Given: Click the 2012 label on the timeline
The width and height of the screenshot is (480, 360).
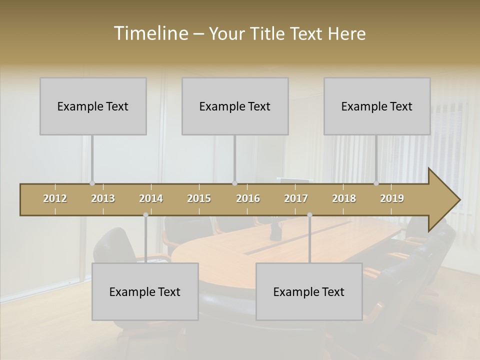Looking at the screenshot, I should tap(55, 199).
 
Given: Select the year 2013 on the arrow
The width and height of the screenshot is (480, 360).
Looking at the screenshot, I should tap(103, 199).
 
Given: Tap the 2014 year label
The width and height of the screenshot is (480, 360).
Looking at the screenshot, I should tap(151, 199).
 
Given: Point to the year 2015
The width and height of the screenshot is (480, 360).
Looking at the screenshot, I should tap(199, 199).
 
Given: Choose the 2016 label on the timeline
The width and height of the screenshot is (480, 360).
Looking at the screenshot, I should tap(248, 199).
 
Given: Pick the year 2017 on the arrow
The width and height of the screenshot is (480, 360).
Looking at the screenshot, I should tap(296, 199).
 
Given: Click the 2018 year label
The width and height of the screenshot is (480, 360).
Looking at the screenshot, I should tap(344, 199).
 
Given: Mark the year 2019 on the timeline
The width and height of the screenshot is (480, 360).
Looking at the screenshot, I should tap(392, 199).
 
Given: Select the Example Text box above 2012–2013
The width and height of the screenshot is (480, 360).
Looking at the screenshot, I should tap(93, 106).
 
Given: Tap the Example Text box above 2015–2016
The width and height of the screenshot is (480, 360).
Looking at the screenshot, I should tap(235, 106).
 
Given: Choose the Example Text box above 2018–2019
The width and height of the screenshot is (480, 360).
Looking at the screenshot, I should tap(377, 106).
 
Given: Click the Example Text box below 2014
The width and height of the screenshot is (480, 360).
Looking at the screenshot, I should tap(145, 291).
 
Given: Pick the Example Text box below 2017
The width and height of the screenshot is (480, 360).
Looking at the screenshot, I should tap(309, 291).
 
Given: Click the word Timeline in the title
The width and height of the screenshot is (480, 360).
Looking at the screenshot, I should tap(150, 33).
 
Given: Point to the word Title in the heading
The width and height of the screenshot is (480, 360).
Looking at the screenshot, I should tap(270, 33).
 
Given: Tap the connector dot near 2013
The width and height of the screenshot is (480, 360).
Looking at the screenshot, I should tap(92, 183).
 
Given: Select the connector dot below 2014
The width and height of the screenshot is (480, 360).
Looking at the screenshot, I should tap(145, 215).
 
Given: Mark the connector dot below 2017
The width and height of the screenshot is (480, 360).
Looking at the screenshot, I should tap(309, 215).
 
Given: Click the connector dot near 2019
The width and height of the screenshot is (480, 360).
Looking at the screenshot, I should tap(376, 183).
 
